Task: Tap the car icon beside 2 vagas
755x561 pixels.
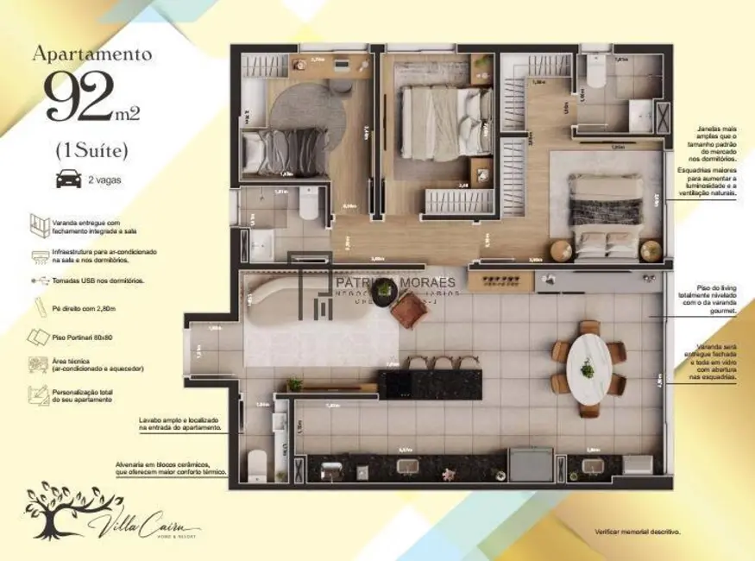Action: coord(66,180)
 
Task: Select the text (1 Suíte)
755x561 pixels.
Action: coord(91,150)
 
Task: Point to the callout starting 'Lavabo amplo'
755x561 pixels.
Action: coord(180,423)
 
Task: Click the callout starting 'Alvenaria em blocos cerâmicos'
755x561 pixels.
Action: coord(171,469)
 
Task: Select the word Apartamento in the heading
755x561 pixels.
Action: coord(92,54)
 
